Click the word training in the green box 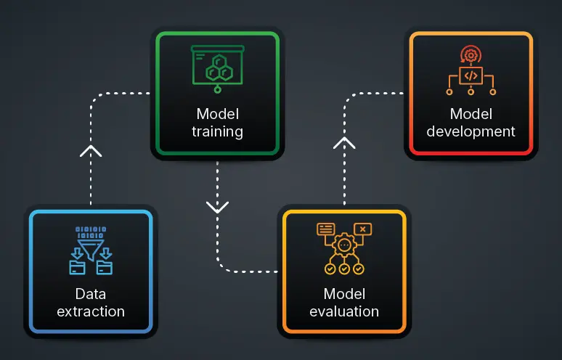pyautogui.click(x=217, y=132)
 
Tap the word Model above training pyautogui.click(x=217, y=114)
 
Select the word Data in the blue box pyautogui.click(x=90, y=294)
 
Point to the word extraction pyautogui.click(x=90, y=311)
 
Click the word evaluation pyautogui.click(x=344, y=311)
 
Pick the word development pyautogui.click(x=471, y=131)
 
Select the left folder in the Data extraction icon pyautogui.click(x=77, y=268)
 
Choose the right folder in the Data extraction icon pyautogui.click(x=105, y=268)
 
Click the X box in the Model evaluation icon pyautogui.click(x=363, y=229)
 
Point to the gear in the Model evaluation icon pyautogui.click(x=344, y=246)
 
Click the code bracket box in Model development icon pyautogui.click(x=471, y=75)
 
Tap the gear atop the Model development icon pyautogui.click(x=471, y=54)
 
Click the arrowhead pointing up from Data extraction pyautogui.click(x=91, y=151)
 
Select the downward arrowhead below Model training pyautogui.click(x=217, y=206)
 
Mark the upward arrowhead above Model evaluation pyautogui.click(x=344, y=142)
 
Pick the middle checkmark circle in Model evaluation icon pyautogui.click(x=344, y=269)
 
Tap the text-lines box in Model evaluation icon pyautogui.click(x=325, y=229)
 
